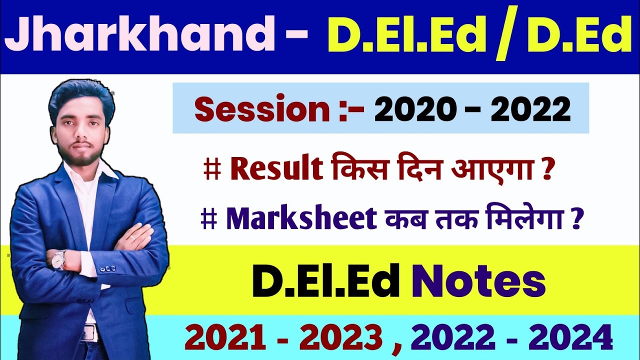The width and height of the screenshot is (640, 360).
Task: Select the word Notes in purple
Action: [x=477, y=282]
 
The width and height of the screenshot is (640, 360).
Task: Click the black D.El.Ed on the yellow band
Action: [x=325, y=282]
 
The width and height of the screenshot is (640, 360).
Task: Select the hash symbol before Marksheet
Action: [x=208, y=220]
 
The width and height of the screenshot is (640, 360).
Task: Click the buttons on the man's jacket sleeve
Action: [x=107, y=269]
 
